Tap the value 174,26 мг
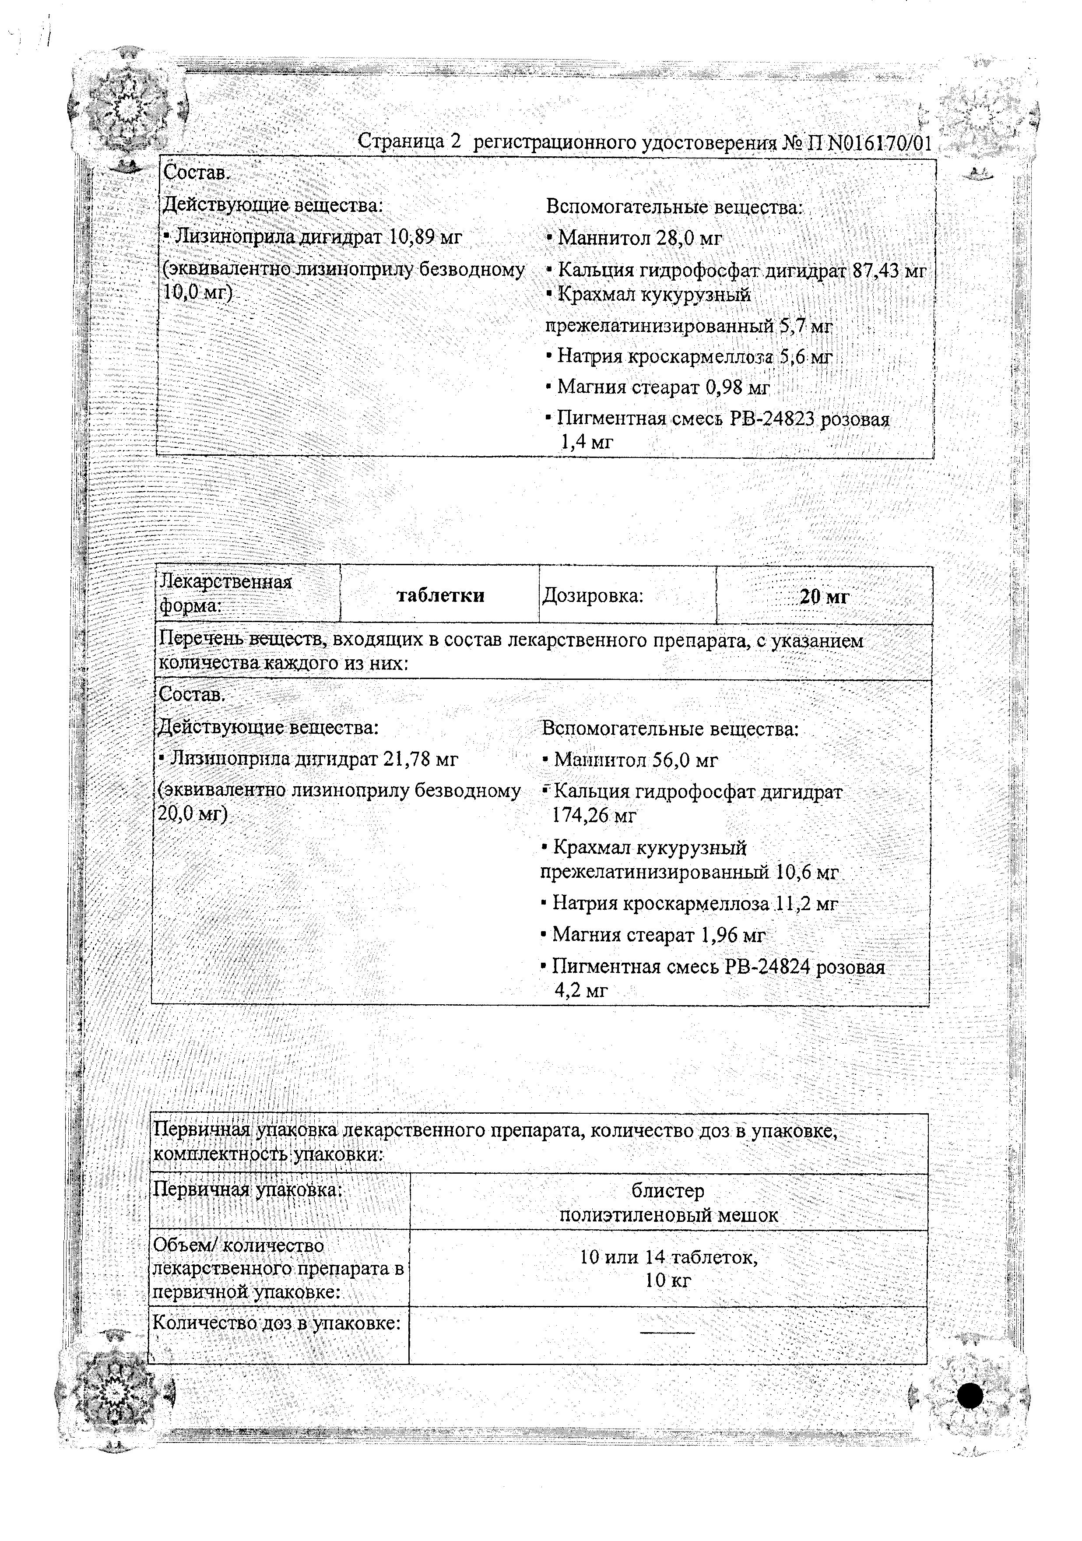click(x=594, y=816)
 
